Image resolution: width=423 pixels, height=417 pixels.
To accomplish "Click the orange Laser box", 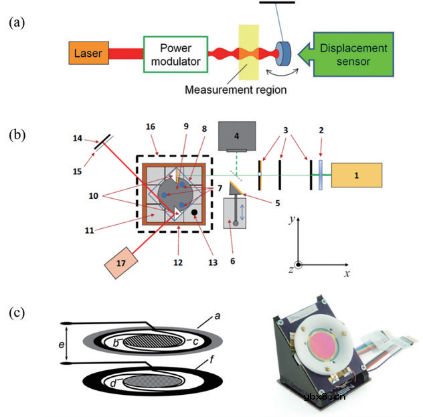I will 88,54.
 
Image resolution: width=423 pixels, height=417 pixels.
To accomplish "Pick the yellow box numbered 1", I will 357,175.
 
